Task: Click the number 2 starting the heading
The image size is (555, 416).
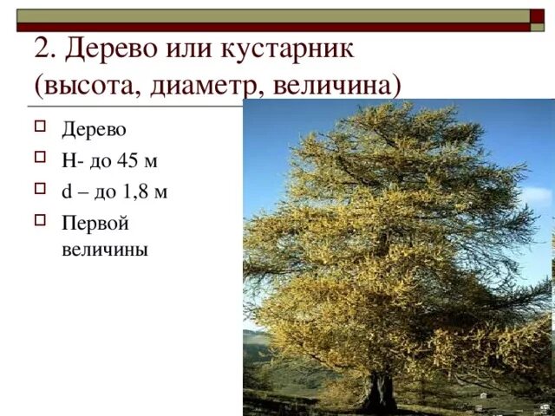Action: pyautogui.click(x=42, y=49)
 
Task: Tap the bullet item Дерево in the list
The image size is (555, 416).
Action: pyautogui.click(x=94, y=130)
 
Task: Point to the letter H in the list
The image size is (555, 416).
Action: pyautogui.click(x=67, y=161)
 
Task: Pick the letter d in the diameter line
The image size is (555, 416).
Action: pyautogui.click(x=66, y=192)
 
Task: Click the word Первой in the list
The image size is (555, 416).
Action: pyautogui.click(x=95, y=224)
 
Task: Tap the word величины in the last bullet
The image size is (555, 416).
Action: pyautogui.click(x=105, y=250)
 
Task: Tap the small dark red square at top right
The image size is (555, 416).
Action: pyautogui.click(x=537, y=16)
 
